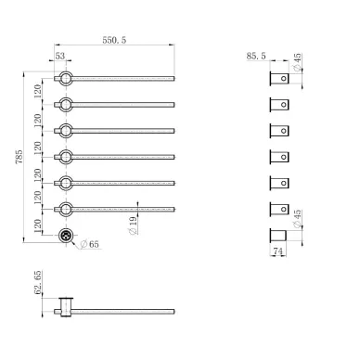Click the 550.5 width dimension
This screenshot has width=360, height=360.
(114, 40)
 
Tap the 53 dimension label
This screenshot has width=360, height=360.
(60, 56)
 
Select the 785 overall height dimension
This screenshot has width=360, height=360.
(19, 157)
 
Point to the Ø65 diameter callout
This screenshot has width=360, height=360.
(89, 244)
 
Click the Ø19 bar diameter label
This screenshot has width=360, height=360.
(133, 225)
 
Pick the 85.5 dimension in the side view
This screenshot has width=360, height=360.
(256, 56)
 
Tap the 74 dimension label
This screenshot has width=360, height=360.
(277, 251)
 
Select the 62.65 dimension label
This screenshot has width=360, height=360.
(37, 282)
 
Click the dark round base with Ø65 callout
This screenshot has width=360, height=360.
(66, 236)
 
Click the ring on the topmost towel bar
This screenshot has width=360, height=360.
(66, 71)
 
